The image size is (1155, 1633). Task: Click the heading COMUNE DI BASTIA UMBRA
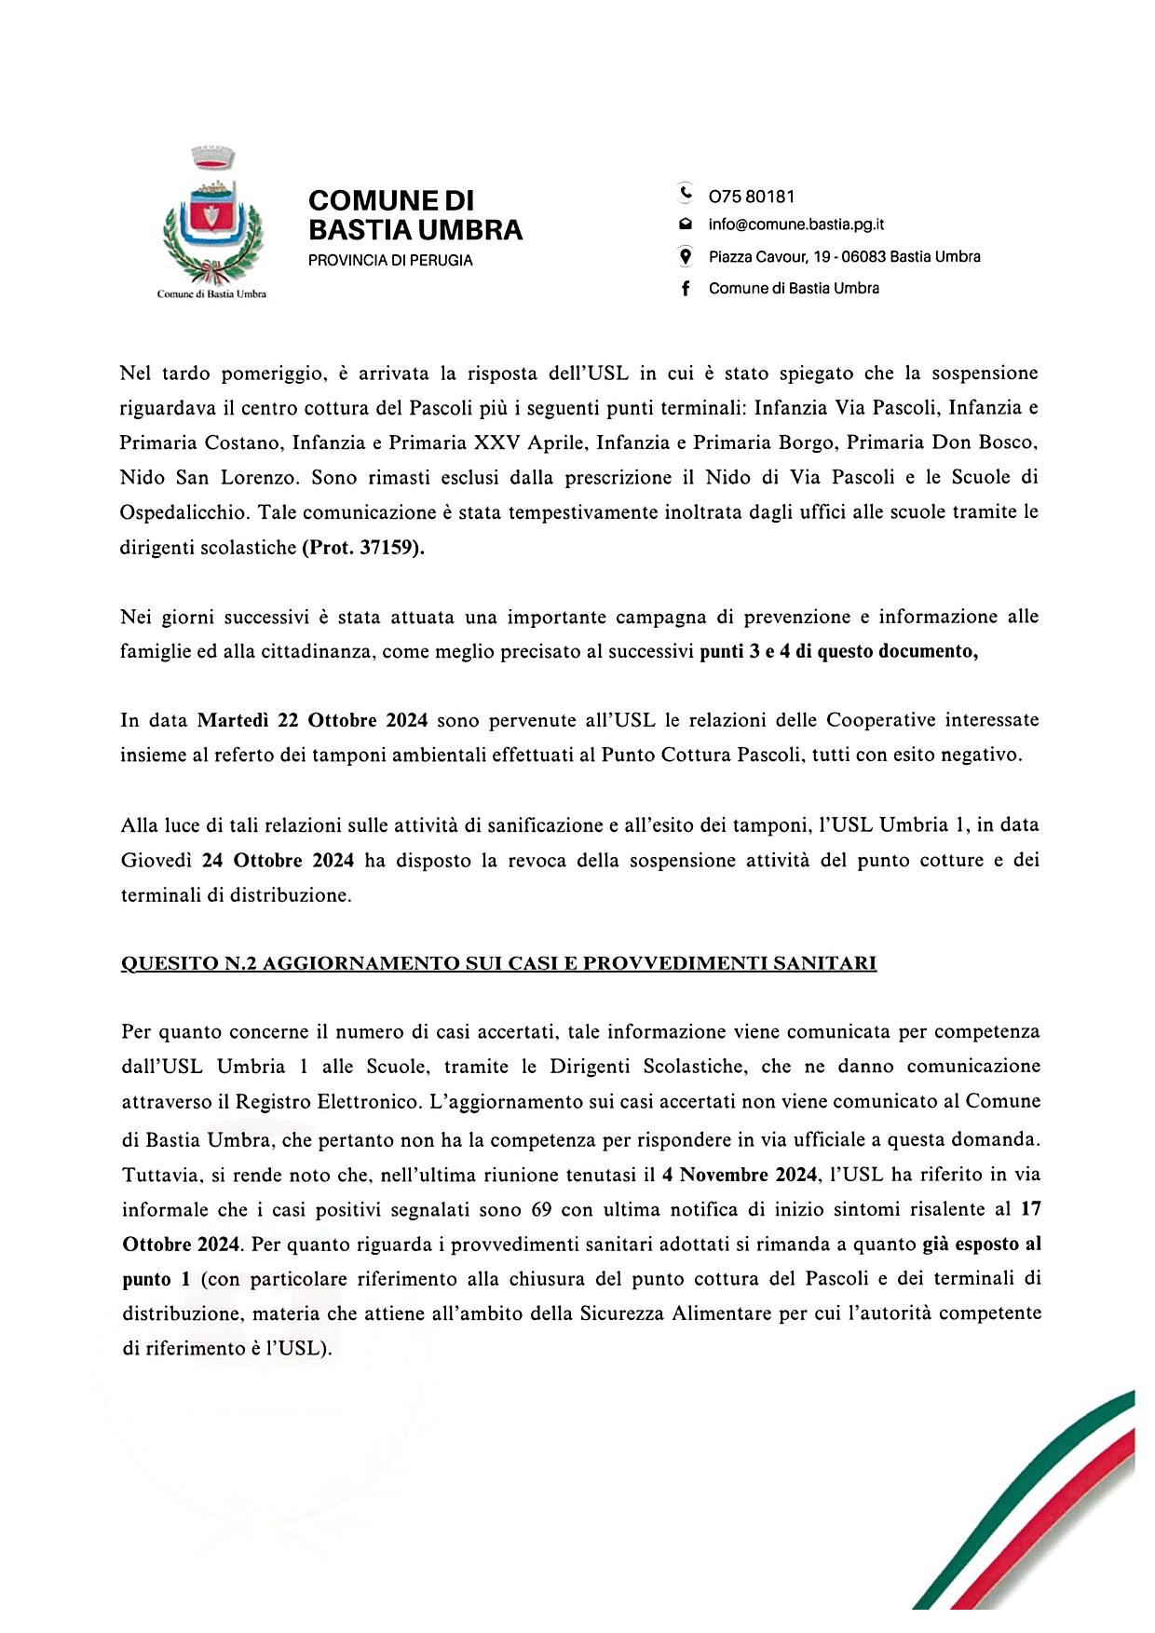(x=414, y=215)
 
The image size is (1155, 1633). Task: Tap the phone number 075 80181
(x=752, y=197)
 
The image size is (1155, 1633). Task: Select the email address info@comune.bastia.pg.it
(x=796, y=225)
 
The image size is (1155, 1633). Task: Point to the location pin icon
(x=686, y=256)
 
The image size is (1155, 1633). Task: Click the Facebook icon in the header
(x=686, y=289)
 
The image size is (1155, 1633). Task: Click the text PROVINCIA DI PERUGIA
(x=390, y=261)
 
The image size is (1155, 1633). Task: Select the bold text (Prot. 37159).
(x=362, y=549)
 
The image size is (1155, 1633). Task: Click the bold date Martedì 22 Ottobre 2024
(x=312, y=720)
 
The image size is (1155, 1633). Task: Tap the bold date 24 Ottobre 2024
(x=278, y=860)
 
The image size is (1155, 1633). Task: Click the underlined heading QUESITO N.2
(x=498, y=963)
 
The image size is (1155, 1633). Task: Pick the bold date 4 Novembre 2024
(x=734, y=1174)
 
